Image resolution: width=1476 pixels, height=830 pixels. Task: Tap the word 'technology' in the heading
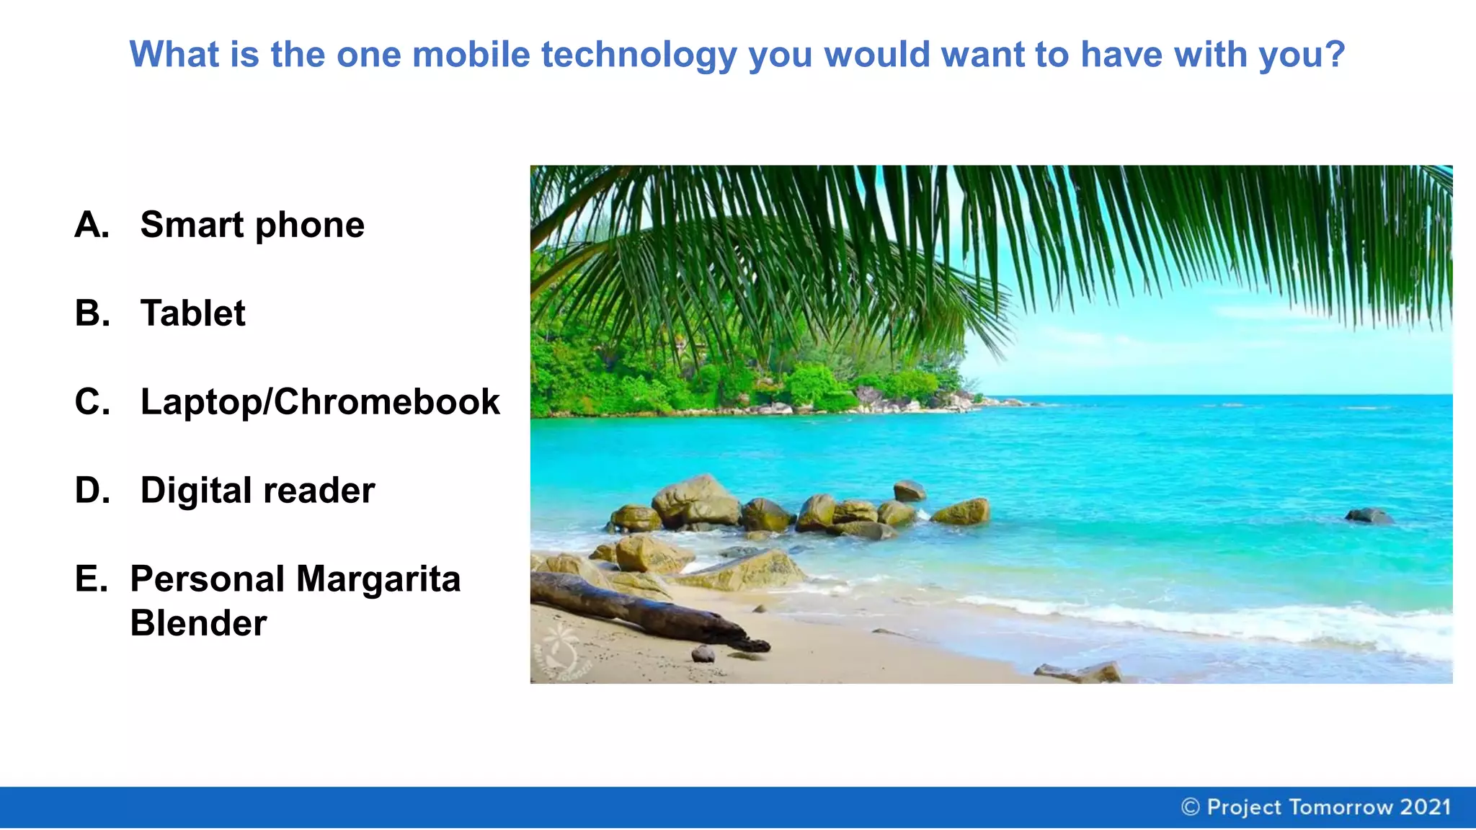coord(639,56)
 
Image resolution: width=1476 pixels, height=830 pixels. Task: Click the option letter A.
coord(92,225)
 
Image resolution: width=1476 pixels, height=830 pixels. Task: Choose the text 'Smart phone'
coord(252,226)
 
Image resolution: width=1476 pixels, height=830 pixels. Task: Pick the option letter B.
coord(92,313)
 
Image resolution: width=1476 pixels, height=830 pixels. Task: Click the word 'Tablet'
coord(192,313)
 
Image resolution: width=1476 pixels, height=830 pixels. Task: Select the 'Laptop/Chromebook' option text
coord(319,402)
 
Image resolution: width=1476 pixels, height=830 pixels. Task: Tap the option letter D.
coord(92,491)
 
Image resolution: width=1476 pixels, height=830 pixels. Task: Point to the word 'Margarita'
coord(378,579)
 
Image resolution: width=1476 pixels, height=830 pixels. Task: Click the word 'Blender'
coord(198,623)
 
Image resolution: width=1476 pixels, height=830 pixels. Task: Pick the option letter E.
coord(91,579)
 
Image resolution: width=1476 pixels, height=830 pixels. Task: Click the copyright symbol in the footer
coord(1190,807)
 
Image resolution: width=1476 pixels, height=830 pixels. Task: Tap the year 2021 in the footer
coord(1425,807)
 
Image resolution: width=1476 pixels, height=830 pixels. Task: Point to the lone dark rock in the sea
coord(1368,515)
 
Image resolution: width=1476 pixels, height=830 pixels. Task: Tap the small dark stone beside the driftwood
coord(703,653)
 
